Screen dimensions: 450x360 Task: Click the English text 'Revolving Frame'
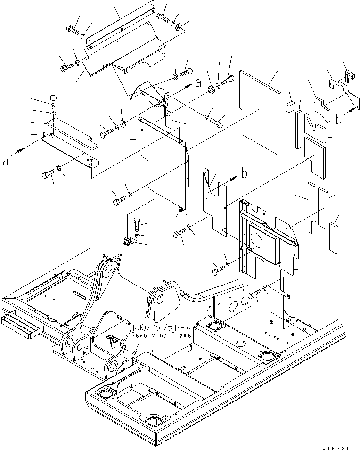(161, 335)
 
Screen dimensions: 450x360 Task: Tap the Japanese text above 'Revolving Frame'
(161, 327)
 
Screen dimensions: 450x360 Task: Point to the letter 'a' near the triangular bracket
(198, 83)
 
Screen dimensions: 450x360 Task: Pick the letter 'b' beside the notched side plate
(244, 173)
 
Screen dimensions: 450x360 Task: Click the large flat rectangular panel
(261, 113)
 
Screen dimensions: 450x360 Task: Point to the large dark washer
(122, 124)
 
